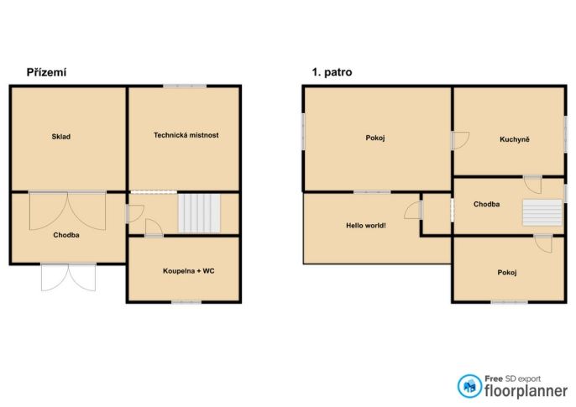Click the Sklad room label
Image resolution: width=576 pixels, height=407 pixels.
click(61, 137)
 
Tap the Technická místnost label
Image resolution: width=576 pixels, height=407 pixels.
click(186, 135)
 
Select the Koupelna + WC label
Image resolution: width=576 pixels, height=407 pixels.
click(188, 271)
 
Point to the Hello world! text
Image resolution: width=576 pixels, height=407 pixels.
click(366, 226)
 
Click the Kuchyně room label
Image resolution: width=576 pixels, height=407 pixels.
click(515, 139)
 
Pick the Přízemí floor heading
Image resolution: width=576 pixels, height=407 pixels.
click(47, 72)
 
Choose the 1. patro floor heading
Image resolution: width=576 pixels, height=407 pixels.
click(333, 72)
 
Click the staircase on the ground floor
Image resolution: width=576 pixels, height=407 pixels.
click(200, 213)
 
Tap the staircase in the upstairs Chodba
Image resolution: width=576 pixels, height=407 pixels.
click(542, 212)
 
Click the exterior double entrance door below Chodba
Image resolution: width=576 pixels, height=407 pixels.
click(68, 277)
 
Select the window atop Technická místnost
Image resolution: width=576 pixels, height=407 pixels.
click(185, 86)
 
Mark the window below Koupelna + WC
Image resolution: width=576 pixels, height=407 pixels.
click(186, 302)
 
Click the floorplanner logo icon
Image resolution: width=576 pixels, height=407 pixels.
click(469, 386)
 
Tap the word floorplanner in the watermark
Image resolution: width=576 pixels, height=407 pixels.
click(526, 391)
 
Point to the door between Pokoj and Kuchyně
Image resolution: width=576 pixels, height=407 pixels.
click(459, 140)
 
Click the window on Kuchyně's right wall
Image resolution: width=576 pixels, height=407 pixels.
click(566, 133)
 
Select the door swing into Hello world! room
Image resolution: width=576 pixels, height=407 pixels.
click(414, 211)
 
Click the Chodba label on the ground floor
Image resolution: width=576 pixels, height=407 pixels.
click(66, 235)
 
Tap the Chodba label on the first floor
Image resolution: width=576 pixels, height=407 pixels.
click(486, 204)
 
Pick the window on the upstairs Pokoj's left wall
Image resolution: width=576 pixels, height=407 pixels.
click(303, 132)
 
